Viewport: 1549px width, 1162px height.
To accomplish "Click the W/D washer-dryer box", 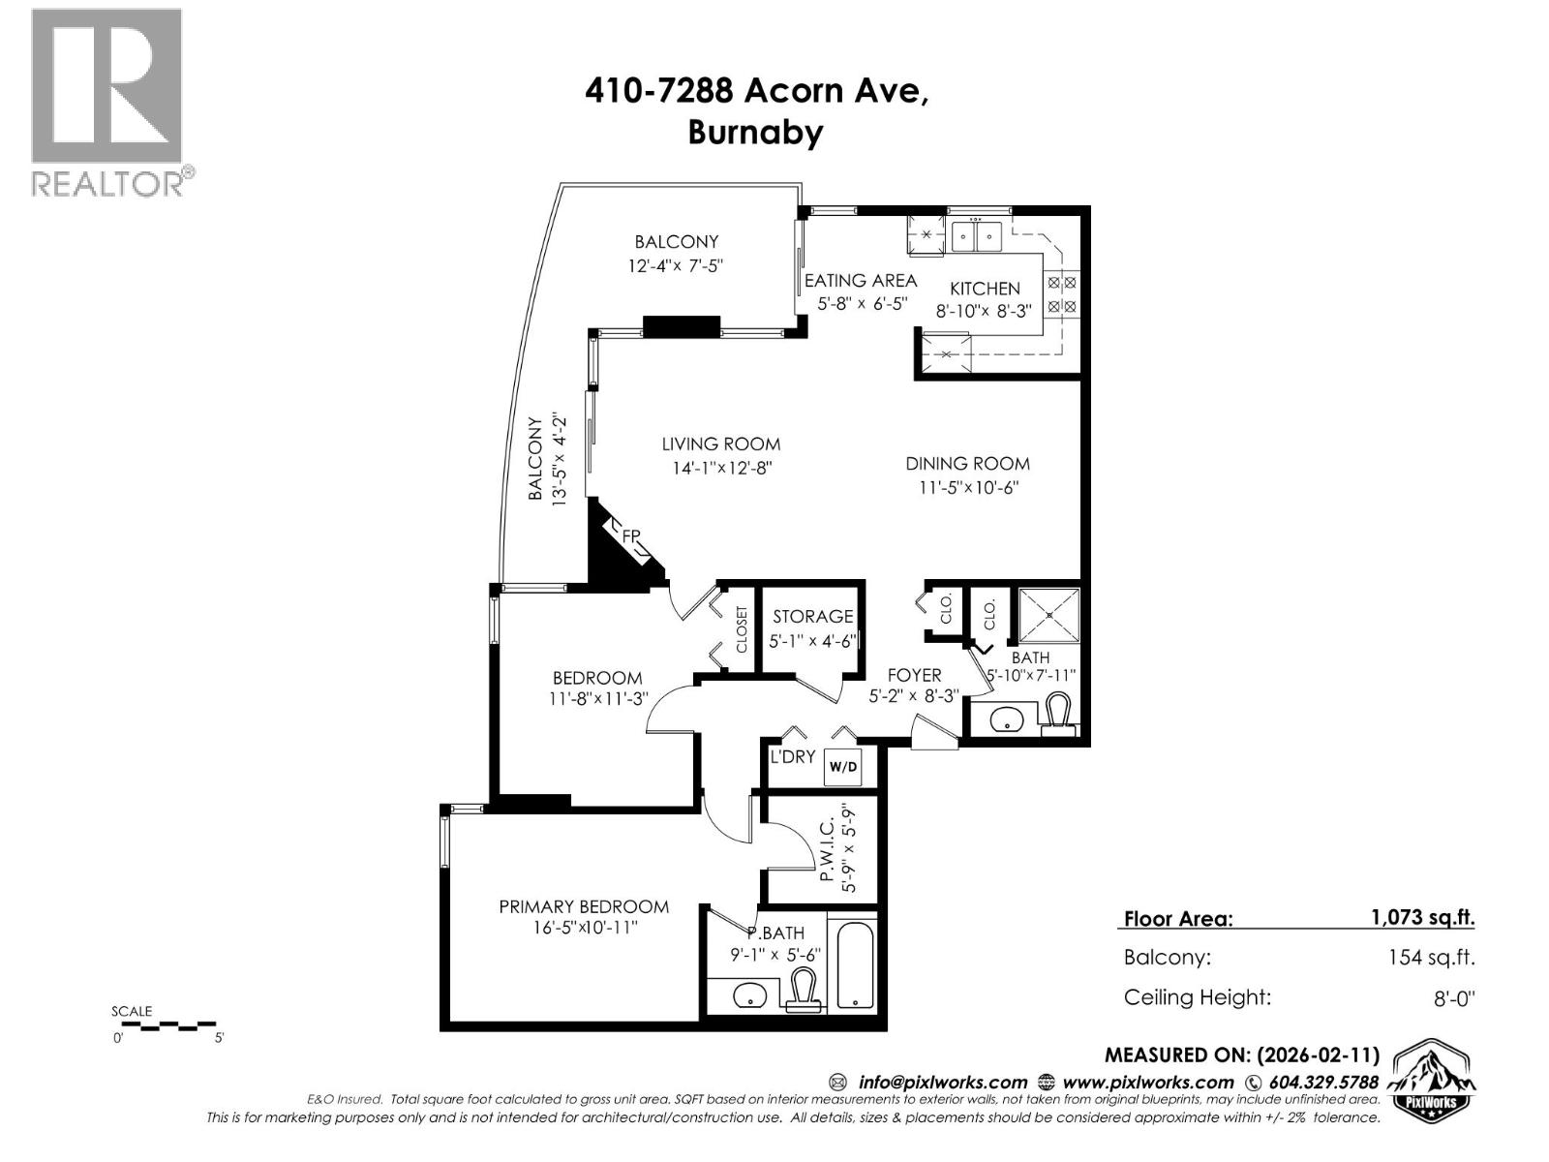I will point(841,767).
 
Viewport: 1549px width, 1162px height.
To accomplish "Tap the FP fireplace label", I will point(630,535).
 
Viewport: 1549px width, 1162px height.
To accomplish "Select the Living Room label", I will point(720,444).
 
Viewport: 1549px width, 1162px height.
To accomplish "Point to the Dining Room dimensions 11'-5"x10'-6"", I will point(968,488).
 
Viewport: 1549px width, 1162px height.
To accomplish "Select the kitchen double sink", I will point(975,235).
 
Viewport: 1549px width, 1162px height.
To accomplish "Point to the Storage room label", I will point(812,616).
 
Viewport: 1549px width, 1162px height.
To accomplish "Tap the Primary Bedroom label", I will point(584,906).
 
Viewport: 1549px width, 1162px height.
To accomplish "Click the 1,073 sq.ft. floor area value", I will point(1422,917).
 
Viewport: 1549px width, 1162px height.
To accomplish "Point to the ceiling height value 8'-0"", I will point(1453,998).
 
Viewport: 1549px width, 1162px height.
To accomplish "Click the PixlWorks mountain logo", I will point(1433,1081).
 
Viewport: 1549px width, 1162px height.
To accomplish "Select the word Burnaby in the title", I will point(755,132).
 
